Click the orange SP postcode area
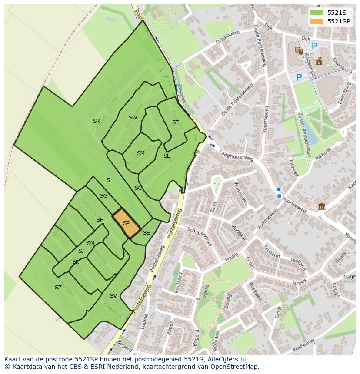(x=126, y=223)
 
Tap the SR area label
(x=97, y=121)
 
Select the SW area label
(x=133, y=118)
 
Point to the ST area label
(x=175, y=122)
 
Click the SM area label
(x=140, y=153)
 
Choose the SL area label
(x=167, y=156)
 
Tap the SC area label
(x=138, y=188)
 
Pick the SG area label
(x=103, y=196)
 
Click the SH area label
(x=100, y=220)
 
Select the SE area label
(x=146, y=233)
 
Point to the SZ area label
(x=58, y=288)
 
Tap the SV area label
(x=113, y=296)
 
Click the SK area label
(x=76, y=262)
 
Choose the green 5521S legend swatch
(x=317, y=13)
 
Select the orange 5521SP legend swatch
(x=317, y=21)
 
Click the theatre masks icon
(x=299, y=51)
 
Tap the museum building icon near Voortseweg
(x=321, y=206)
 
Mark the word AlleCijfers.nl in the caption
(x=226, y=360)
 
